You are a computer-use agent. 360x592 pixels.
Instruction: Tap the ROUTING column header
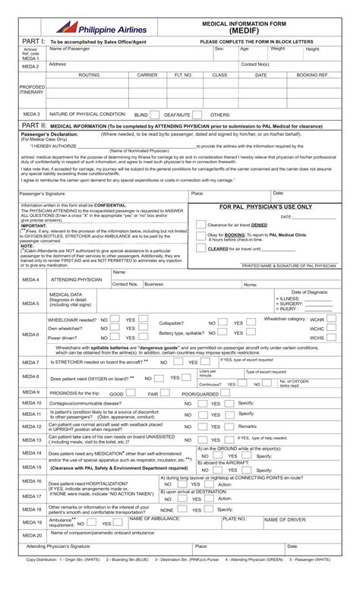click(89, 76)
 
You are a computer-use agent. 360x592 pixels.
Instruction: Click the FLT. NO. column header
click(183, 76)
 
